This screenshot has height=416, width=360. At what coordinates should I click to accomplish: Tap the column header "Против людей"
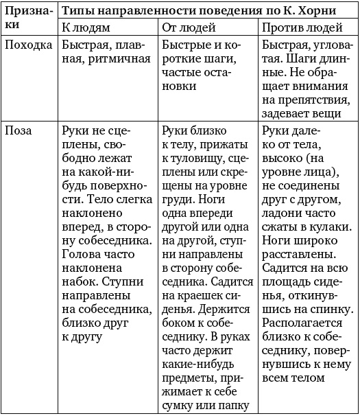[x=302, y=28]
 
